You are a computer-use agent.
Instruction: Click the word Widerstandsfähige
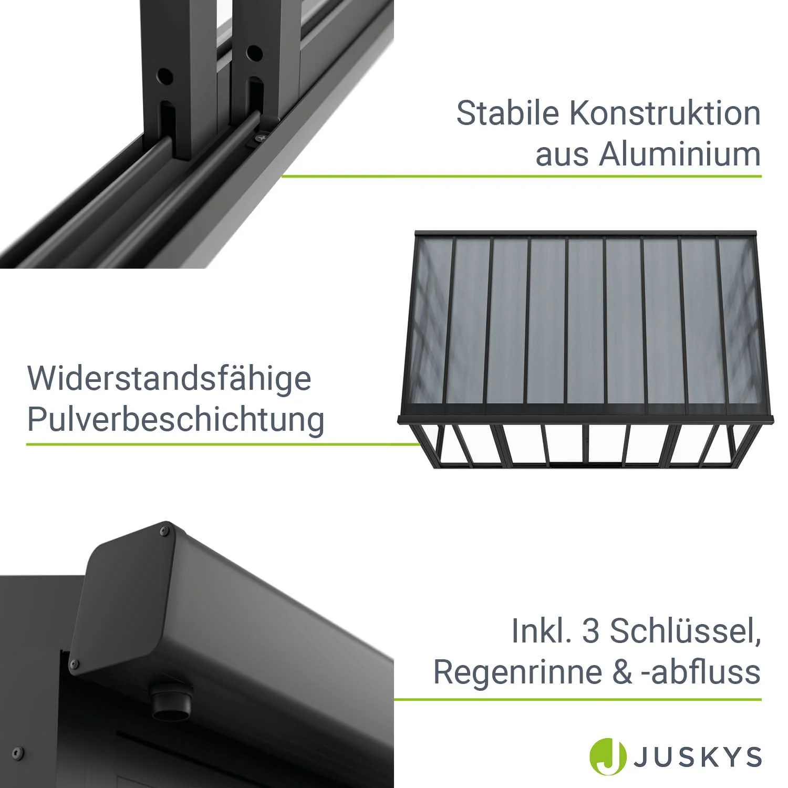coord(169,378)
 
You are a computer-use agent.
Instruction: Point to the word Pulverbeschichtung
coord(175,420)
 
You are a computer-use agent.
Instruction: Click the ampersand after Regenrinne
coord(622,672)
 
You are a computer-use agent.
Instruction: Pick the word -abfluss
coord(701,672)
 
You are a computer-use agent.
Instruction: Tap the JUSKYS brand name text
coord(698,757)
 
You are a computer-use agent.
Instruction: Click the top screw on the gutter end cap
coord(164,532)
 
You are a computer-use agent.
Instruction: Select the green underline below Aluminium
coord(521,176)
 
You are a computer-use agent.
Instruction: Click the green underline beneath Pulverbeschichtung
coord(223,444)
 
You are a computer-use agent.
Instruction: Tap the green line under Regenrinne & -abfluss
coord(577,699)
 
